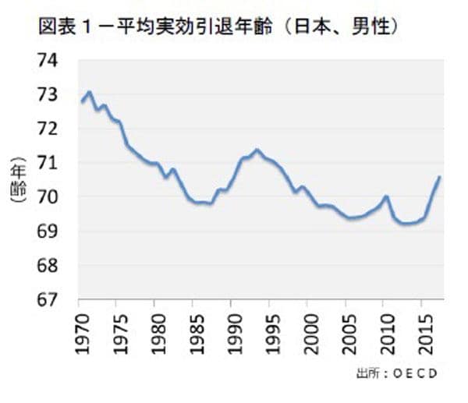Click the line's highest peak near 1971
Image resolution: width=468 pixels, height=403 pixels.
pyautogui.click(x=89, y=92)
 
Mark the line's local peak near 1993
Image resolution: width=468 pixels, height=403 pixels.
pyautogui.click(x=257, y=149)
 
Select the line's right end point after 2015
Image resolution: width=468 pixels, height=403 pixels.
pyautogui.click(x=440, y=177)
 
